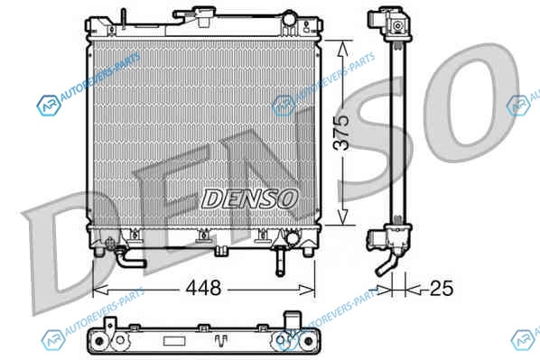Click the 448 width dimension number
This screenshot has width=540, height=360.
203,288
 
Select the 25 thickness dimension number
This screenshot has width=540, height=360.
442,288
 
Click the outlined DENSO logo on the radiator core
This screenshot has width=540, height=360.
249,198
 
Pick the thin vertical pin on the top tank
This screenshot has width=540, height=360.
124,18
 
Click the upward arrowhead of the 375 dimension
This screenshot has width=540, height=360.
342,49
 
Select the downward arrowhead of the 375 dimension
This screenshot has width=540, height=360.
342,217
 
